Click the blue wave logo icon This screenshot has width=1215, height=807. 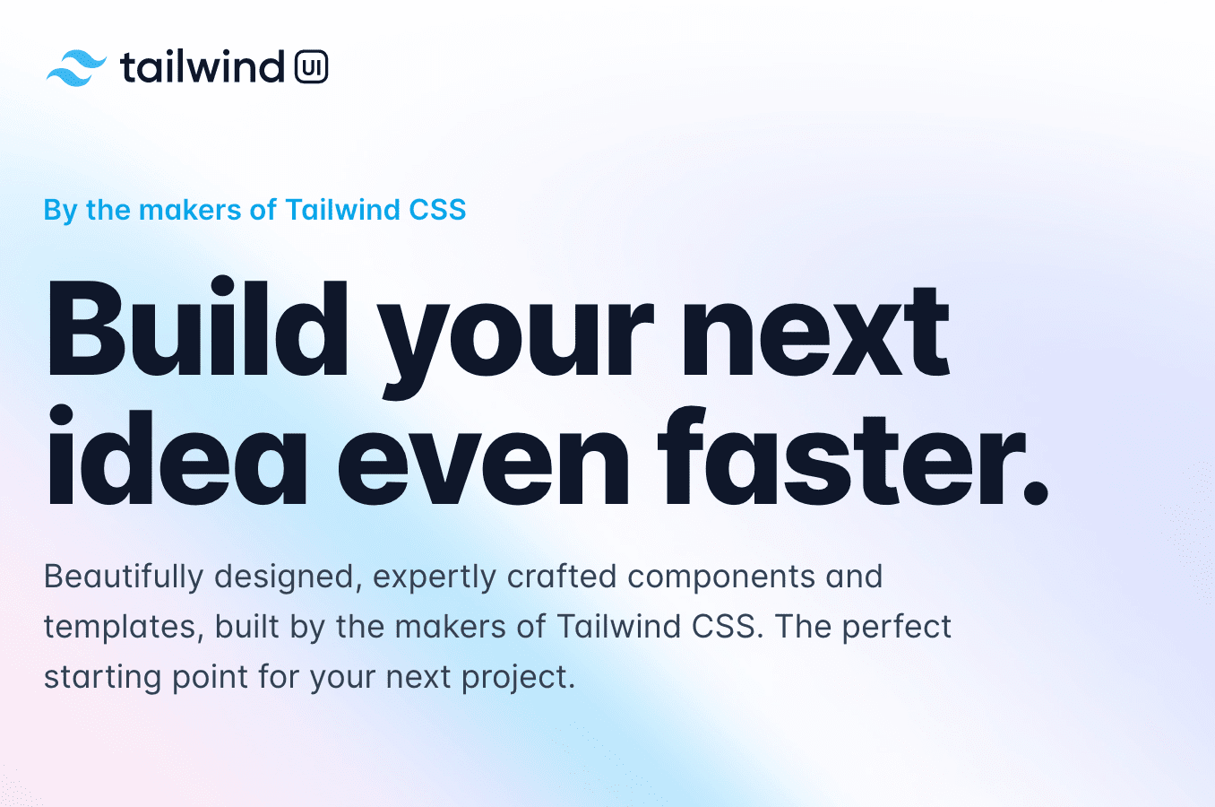point(76,68)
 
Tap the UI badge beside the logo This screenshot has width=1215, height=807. point(311,67)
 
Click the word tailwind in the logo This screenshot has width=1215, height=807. point(202,67)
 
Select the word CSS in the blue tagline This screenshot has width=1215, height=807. point(437,210)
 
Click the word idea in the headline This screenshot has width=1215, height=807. point(176,458)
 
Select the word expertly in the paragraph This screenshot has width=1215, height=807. point(434,577)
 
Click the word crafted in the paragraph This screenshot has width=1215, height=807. point(562,577)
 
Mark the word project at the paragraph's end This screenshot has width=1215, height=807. point(517,677)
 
